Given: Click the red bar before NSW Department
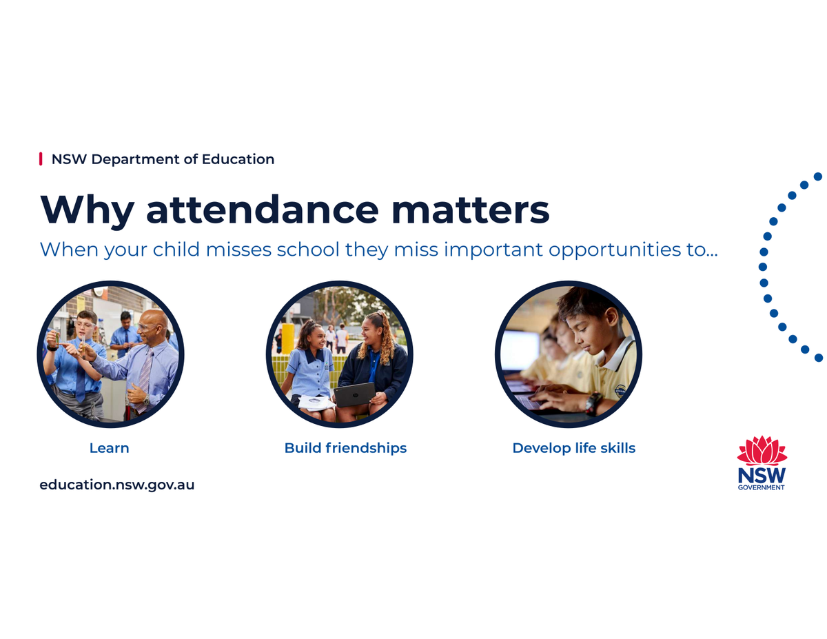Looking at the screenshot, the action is [x=41, y=159].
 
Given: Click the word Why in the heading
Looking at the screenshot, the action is [x=87, y=211].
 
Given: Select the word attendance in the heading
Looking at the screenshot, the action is [x=263, y=210].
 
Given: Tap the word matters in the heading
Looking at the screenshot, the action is [x=471, y=210].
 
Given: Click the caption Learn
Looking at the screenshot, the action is [x=109, y=448].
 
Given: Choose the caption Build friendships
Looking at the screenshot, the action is [x=345, y=448].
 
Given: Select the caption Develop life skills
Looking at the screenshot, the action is [x=573, y=448].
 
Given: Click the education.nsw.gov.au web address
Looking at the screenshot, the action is [x=117, y=485].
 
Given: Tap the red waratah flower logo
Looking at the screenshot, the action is [x=762, y=451].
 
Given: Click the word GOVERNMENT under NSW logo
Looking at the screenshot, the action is [x=761, y=487].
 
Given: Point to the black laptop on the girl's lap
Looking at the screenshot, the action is [x=355, y=394].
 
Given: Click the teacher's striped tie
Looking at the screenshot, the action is [x=145, y=378].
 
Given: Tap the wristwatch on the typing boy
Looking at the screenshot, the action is [x=592, y=403].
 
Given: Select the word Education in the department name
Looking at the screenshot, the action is [x=238, y=159].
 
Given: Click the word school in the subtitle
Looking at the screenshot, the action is [x=308, y=250].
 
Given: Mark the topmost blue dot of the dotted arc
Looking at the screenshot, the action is [x=818, y=176].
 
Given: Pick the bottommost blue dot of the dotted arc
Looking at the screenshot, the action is [x=819, y=357].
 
